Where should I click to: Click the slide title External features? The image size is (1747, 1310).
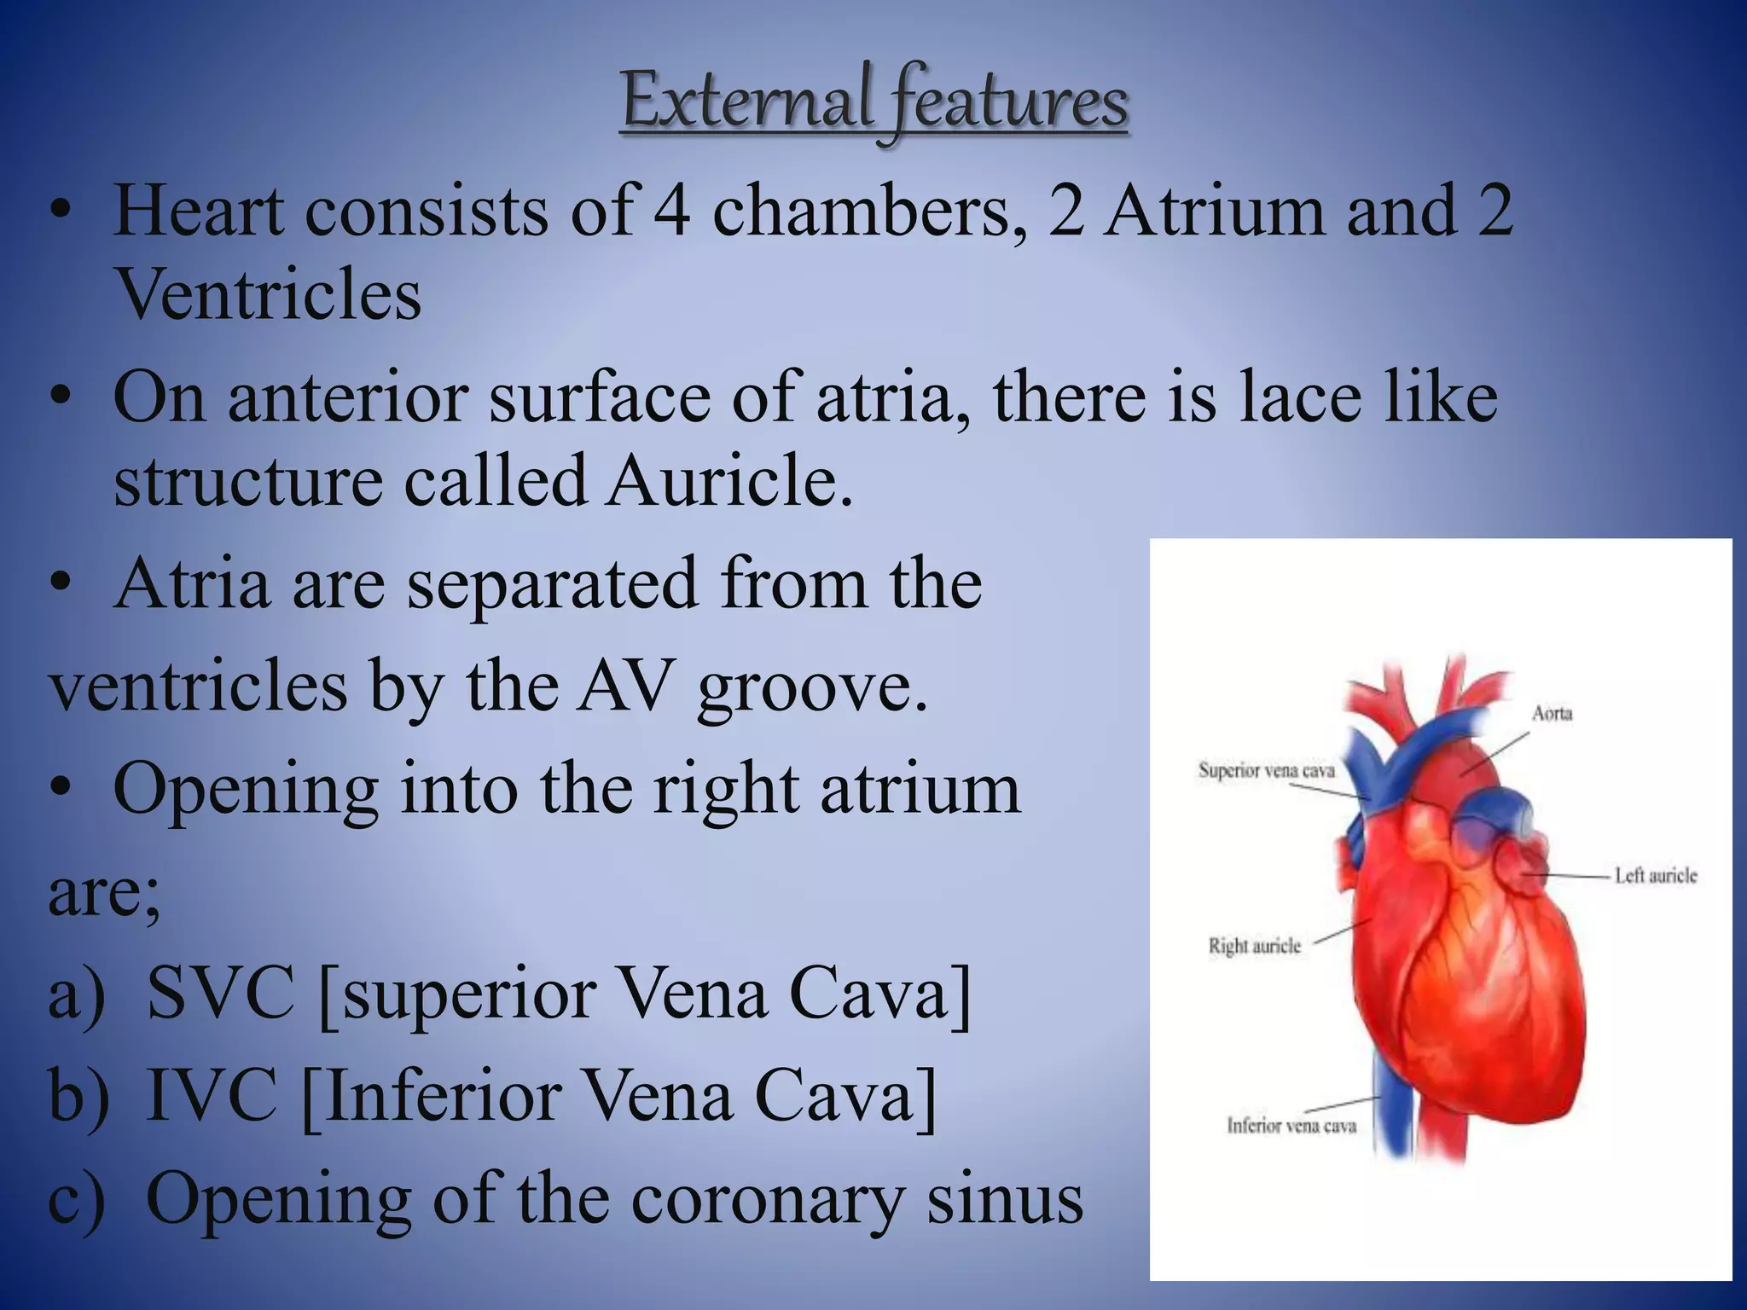coord(875,104)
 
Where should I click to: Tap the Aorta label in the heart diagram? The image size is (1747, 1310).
coord(1552,713)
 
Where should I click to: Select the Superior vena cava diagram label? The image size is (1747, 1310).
coord(1266,770)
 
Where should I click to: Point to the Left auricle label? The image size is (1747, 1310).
coord(1655,876)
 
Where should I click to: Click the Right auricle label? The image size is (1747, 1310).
coord(1254,946)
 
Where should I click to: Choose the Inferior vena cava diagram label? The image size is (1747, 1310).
coord(1291,1126)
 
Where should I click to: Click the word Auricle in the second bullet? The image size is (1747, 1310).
coord(729,481)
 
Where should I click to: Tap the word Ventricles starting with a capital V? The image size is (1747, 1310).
coord(268,294)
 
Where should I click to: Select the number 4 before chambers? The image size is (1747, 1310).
coord(671,211)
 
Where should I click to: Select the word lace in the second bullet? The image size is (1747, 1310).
coord(1301,397)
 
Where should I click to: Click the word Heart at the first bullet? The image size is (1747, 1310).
coord(198,211)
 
